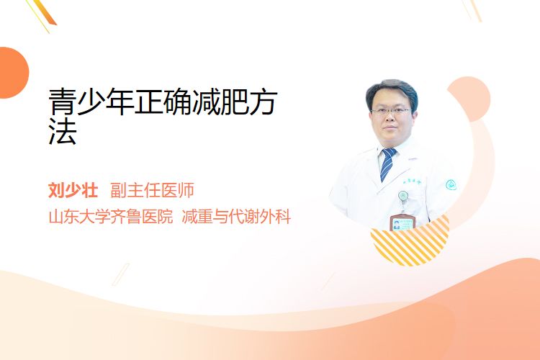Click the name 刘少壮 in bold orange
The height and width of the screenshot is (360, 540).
point(73,190)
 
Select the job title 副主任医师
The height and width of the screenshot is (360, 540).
point(152,190)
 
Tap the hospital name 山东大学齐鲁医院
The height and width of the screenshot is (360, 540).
point(111,217)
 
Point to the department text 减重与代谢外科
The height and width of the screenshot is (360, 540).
point(236,217)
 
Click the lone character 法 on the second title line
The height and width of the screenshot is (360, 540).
point(63,131)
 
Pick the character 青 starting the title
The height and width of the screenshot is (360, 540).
point(63,102)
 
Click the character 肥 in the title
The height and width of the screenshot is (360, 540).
point(235,102)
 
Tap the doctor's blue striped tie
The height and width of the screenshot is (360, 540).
point(388,164)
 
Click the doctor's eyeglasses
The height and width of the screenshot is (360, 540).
point(391,112)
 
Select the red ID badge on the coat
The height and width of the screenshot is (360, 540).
point(402,223)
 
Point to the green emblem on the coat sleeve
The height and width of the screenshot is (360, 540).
point(451,185)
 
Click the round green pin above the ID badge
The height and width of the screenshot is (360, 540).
point(403,196)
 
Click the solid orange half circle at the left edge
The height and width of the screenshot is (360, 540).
point(13,73)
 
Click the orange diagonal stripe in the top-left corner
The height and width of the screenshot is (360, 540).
point(45,12)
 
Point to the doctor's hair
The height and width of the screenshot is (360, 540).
point(392,90)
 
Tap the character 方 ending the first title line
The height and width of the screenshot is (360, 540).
point(264,102)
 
